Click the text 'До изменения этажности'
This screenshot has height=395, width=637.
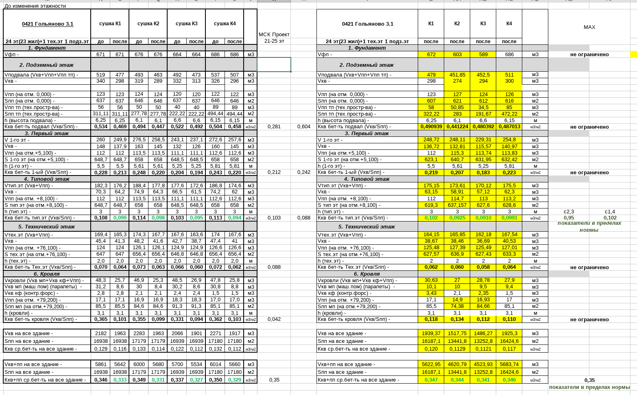[x=35, y=6]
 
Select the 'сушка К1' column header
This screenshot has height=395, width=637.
[x=110, y=24]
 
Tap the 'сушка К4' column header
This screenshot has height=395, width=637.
[x=225, y=24]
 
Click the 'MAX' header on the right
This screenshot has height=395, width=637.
[x=589, y=27]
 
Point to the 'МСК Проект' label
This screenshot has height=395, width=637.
[x=274, y=35]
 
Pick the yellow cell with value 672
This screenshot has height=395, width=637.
[x=431, y=55]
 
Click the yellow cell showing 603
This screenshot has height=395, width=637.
[x=457, y=55]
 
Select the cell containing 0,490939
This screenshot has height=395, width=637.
[x=431, y=127]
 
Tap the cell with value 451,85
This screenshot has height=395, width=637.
[x=457, y=75]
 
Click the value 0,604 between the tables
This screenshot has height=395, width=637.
[x=304, y=127]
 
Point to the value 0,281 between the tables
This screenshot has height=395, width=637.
[x=274, y=127]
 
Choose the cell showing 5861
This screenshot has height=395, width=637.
[x=100, y=364]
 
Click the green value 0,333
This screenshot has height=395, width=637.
[x=120, y=380]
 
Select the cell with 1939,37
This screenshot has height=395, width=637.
[x=431, y=334]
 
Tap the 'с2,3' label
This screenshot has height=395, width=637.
[x=569, y=212]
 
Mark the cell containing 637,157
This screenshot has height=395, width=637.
[x=457, y=205]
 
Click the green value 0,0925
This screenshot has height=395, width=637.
[x=457, y=218]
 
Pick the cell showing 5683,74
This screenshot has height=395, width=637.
[x=509, y=364]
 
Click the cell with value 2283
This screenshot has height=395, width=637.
[x=139, y=334]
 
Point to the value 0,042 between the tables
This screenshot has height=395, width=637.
[x=274, y=319]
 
